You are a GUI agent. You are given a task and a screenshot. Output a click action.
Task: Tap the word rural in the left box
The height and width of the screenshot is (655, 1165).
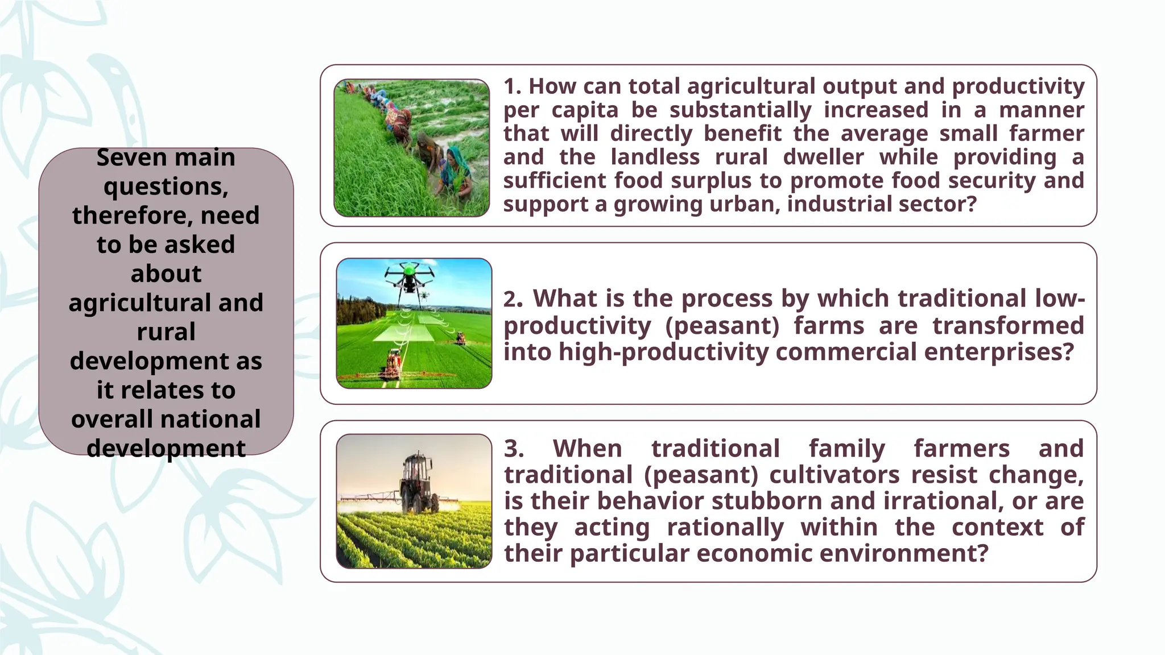tap(166, 332)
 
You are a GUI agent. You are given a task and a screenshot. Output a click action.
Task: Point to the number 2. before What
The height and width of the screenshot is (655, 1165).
tap(513, 299)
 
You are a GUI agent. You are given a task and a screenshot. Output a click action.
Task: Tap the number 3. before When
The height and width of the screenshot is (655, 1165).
tap(513, 449)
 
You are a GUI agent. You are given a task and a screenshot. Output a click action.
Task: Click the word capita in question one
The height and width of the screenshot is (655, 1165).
tap(585, 110)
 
